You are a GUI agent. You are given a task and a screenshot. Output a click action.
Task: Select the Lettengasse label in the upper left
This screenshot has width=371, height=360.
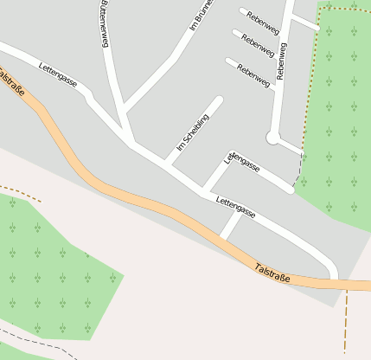58,75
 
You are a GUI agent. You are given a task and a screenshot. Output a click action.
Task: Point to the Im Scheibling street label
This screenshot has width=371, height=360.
193,132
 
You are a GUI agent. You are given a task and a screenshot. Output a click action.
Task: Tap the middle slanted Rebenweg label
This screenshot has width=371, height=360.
258,45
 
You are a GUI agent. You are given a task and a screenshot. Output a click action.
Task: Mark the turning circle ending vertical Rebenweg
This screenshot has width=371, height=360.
273,137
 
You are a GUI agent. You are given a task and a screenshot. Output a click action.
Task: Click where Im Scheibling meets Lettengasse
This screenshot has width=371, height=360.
165,163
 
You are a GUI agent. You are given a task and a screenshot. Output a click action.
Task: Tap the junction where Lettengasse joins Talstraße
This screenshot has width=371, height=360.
333,279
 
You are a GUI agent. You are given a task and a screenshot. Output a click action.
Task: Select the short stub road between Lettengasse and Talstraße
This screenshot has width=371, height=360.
230,227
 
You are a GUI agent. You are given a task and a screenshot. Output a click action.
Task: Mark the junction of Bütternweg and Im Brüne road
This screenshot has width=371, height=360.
125,111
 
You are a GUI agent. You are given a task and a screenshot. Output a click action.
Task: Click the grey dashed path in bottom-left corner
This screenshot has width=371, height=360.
35,337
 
